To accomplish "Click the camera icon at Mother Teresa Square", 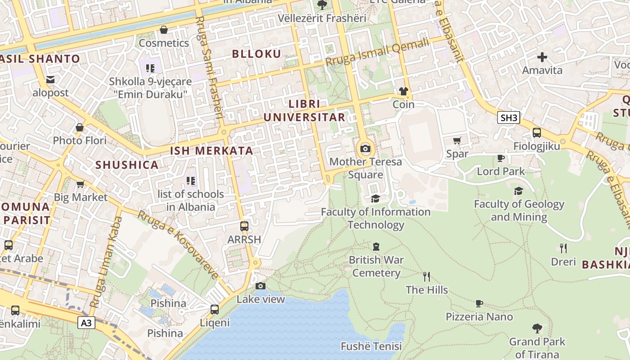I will click(365, 148).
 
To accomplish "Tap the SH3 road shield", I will click(509, 118).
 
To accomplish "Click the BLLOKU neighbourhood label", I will click(256, 54).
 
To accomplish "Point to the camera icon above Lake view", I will click(260, 286).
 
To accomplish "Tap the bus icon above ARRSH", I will click(244, 226).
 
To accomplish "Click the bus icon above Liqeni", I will click(215, 309).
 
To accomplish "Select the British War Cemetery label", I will click(376, 266).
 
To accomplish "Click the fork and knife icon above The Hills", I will click(427, 276).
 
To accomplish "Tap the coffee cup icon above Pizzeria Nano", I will click(479, 303).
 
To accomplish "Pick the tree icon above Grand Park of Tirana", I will click(537, 328).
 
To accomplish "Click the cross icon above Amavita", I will click(542, 57).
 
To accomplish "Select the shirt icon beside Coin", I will click(403, 91).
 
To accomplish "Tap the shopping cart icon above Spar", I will click(457, 140).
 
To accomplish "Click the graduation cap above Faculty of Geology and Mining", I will click(519, 191).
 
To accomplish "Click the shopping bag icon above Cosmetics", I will click(164, 30).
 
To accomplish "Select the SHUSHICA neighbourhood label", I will click(127, 165).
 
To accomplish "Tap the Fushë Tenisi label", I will click(371, 346).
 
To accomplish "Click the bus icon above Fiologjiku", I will click(537, 133).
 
